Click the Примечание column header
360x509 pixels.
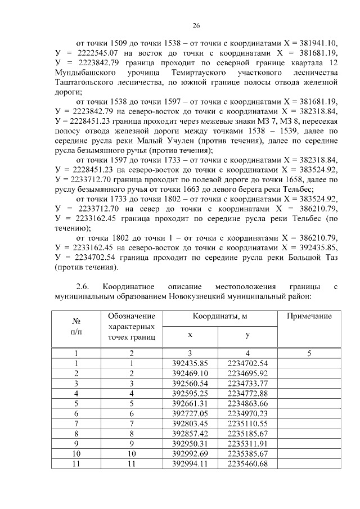point(309,316)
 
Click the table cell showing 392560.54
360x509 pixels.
point(190,383)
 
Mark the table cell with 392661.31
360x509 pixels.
point(190,403)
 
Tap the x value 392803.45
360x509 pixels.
point(190,424)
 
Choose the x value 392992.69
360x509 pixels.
point(190,454)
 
